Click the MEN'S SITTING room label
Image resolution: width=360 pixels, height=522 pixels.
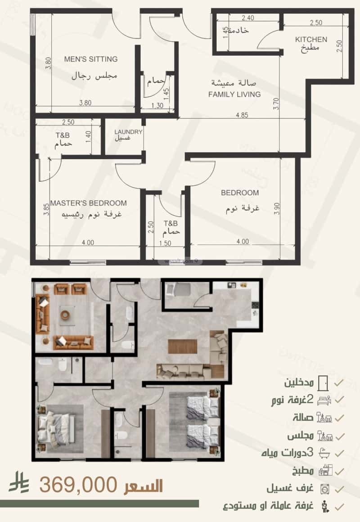click(x=90, y=59)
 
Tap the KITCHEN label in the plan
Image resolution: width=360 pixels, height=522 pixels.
click(x=311, y=40)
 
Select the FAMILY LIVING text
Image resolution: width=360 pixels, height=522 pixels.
click(x=234, y=94)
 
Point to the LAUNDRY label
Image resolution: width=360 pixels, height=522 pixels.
click(x=128, y=132)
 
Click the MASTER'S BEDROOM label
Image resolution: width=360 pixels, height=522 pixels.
click(x=88, y=203)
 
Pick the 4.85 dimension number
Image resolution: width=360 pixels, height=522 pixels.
click(x=242, y=115)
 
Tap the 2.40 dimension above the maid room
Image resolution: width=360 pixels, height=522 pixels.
click(x=248, y=18)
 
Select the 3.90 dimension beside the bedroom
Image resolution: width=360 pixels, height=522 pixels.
click(x=276, y=209)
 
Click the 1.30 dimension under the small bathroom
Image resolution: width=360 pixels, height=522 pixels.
click(x=158, y=106)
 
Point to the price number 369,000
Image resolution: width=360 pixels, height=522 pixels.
click(x=78, y=485)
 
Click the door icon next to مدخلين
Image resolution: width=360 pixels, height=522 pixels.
click(x=323, y=383)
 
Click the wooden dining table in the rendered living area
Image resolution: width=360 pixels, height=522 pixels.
click(x=182, y=346)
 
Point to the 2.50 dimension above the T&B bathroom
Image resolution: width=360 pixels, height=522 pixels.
click(x=68, y=122)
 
